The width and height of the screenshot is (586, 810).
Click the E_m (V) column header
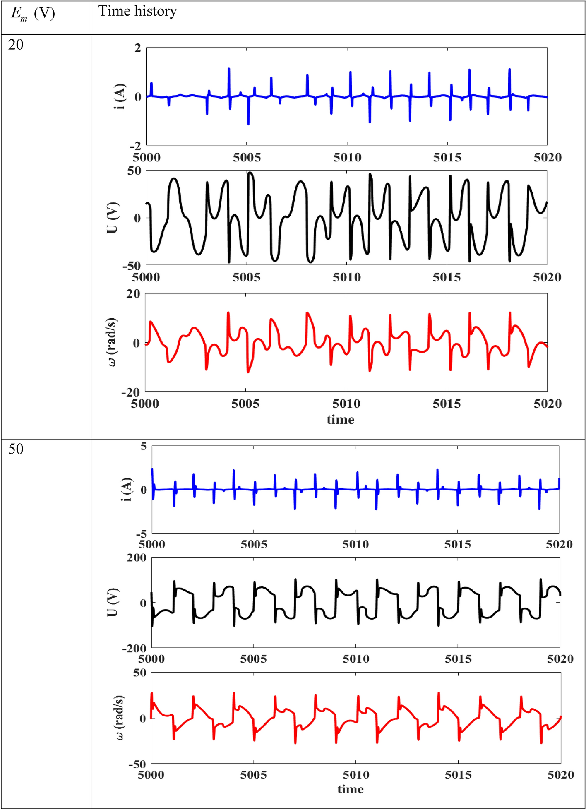[x=33, y=14]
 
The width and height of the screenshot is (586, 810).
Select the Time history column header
[x=137, y=11]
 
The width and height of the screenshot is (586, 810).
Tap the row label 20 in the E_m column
[x=16, y=45]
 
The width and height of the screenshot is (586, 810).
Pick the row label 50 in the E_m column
[x=16, y=449]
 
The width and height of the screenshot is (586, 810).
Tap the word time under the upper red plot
[x=340, y=420]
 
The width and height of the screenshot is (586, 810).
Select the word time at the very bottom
[x=351, y=789]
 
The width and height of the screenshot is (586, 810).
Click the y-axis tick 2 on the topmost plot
[x=138, y=48]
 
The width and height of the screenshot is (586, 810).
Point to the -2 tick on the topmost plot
[x=135, y=146]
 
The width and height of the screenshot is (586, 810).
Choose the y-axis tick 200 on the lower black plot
[x=137, y=558]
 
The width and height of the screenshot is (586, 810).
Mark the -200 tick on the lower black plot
[x=134, y=648]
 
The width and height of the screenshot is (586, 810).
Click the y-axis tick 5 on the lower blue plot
[x=144, y=446]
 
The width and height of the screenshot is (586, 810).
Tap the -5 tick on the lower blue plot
[x=142, y=534]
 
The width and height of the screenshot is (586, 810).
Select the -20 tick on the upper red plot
[x=131, y=392]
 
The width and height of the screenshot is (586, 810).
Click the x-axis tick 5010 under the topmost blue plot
[x=347, y=157]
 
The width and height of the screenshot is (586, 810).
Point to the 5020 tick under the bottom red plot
[x=560, y=775]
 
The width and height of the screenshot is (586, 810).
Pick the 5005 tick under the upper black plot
[x=246, y=277]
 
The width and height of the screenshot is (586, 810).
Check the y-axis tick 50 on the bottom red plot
[x=140, y=673]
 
